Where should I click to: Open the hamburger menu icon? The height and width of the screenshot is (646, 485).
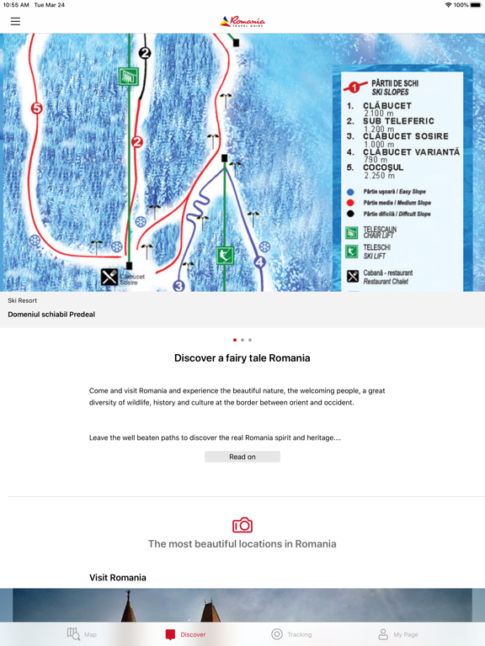[15, 21]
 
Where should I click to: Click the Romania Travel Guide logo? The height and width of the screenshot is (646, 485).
[242, 21]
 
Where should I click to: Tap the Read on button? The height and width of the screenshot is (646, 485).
[242, 457]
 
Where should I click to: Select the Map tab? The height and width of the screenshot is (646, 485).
[82, 634]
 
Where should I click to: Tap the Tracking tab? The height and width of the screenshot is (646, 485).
[291, 634]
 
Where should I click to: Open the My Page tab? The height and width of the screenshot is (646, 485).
[397, 634]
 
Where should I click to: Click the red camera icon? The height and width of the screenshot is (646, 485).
[242, 525]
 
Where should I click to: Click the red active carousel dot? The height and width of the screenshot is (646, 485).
[235, 340]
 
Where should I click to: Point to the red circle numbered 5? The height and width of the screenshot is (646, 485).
[36, 108]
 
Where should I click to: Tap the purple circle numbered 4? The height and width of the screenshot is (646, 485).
[259, 262]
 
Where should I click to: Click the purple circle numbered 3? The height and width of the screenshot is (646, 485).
[179, 286]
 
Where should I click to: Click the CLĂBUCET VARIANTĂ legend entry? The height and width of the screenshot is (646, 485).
[412, 152]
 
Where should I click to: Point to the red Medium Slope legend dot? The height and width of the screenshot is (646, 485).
[350, 203]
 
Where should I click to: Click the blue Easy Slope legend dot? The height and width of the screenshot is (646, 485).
[350, 192]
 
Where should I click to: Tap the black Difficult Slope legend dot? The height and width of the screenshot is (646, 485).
[350, 214]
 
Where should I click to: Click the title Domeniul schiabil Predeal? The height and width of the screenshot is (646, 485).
[51, 315]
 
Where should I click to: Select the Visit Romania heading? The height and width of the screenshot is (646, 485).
[118, 578]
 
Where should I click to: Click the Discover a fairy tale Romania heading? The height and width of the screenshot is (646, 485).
[242, 358]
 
